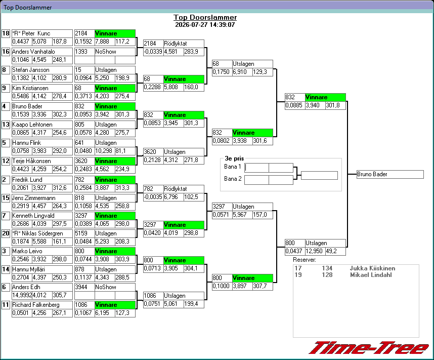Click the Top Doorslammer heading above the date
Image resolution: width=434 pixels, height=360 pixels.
(205, 17)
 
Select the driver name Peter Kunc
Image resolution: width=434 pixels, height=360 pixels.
(36, 33)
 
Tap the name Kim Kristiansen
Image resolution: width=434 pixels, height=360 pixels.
(30, 88)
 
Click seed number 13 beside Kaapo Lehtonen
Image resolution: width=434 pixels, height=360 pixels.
(6, 125)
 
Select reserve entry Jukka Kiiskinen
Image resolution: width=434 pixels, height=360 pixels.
(372, 268)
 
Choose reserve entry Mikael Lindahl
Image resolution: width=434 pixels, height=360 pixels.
(371, 275)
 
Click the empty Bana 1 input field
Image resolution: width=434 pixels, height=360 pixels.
(256, 168)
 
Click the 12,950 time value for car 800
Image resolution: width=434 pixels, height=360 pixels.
(315, 251)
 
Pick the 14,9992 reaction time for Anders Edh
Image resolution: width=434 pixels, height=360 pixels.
(22, 295)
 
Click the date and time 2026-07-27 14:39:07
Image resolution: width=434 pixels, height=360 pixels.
(205, 25)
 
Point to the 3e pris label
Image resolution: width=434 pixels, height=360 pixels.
(234, 158)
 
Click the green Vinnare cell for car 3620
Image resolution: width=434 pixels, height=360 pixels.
(115, 161)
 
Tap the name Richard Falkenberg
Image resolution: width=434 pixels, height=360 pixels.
(36, 305)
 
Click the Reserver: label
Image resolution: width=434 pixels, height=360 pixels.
(305, 260)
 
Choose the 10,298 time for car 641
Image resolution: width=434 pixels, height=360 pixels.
(105, 151)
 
